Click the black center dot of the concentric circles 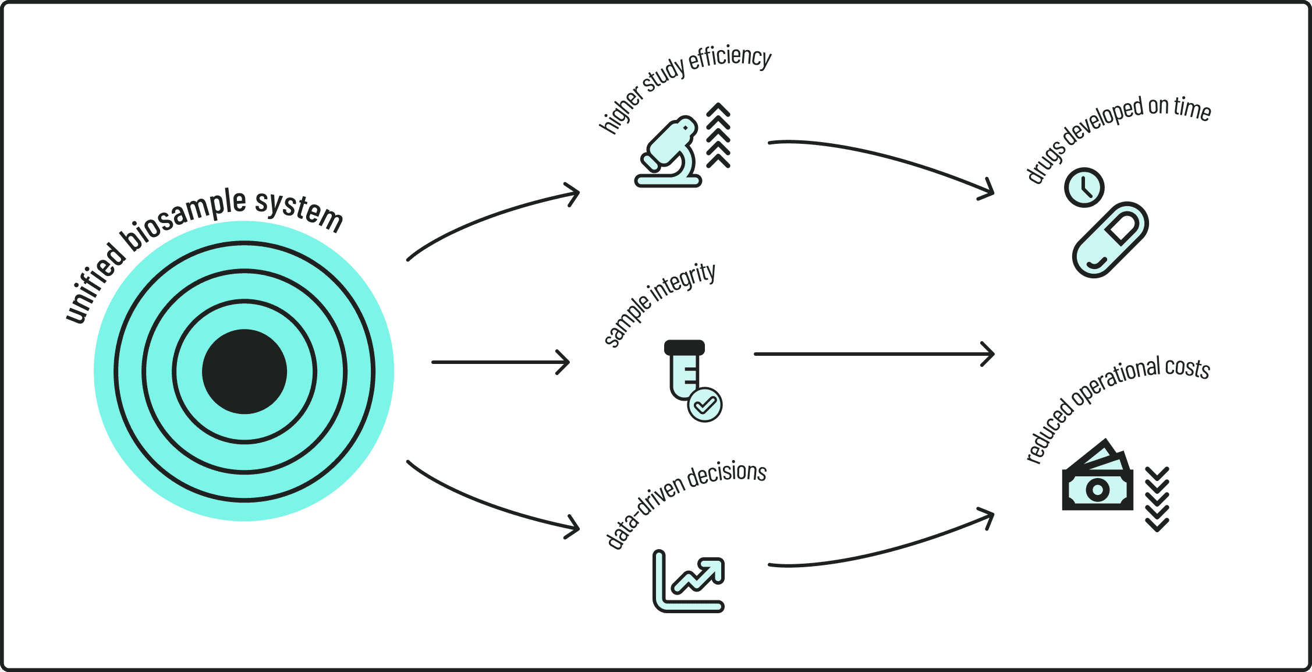[244, 372]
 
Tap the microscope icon [668, 153]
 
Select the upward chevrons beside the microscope [718, 136]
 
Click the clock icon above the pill [1084, 188]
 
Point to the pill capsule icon [1110, 239]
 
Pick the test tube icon [685, 369]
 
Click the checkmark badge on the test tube [705, 405]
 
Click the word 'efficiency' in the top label [730, 58]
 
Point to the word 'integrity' [683, 283]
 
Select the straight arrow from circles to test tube [501, 362]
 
